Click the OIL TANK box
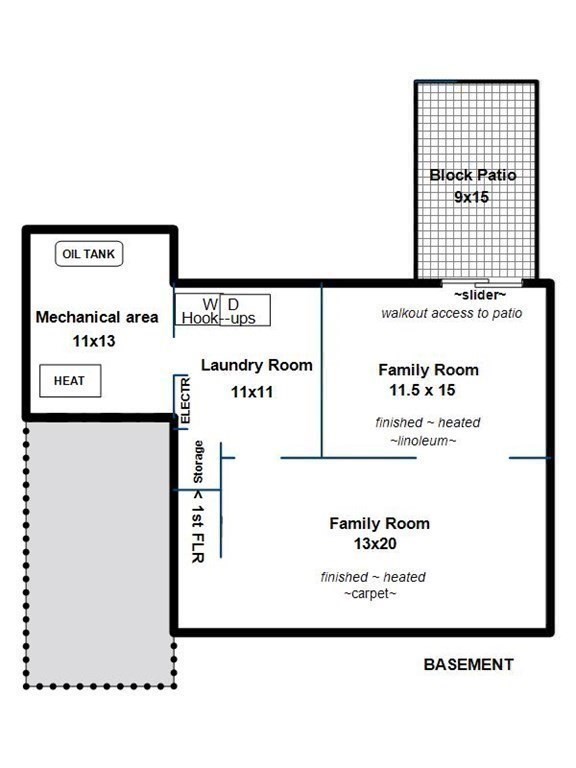click(89, 254)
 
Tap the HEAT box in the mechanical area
click(70, 381)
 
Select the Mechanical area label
click(97, 317)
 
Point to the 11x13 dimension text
click(94, 341)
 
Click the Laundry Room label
click(257, 365)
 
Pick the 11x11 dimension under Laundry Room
click(252, 392)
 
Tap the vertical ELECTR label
click(185, 401)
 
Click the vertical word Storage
click(198, 462)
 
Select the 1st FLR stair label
click(197, 527)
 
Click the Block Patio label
click(473, 175)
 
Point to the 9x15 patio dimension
click(471, 197)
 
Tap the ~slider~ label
click(480, 295)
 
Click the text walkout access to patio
click(452, 313)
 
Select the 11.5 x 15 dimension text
click(422, 390)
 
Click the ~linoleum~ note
click(423, 441)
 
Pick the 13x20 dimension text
click(375, 544)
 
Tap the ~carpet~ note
click(370, 594)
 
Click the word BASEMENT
click(469, 665)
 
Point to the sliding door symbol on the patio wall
click(482, 283)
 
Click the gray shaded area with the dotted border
click(99, 553)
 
